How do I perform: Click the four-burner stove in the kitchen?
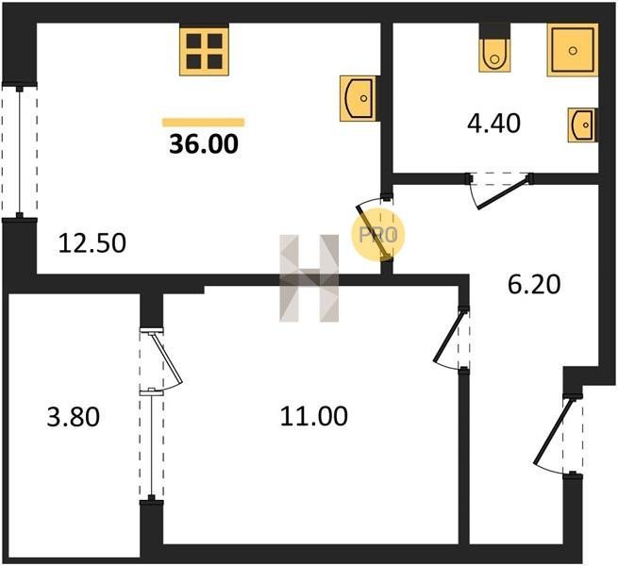pos(204,51)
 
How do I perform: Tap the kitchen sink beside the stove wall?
pos(358,98)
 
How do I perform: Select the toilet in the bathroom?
pos(494,55)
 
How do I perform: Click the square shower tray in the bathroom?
pos(573,50)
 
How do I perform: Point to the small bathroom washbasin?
pos(583,125)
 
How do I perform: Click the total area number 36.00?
pos(204,144)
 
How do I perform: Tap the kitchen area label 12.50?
pos(92,242)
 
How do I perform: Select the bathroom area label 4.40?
pos(493,123)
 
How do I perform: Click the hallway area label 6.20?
pos(534,285)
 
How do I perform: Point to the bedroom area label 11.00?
pos(314,416)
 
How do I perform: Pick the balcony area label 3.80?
pos(74,417)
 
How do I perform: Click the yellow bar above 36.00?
pos(204,123)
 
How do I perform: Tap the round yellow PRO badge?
pos(378,235)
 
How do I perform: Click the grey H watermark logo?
pos(309,278)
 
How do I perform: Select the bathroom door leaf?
pos(502,193)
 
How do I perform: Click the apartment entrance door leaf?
pos(552,431)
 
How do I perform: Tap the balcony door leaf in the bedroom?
pos(166,358)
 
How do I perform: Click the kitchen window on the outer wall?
pos(19,151)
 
